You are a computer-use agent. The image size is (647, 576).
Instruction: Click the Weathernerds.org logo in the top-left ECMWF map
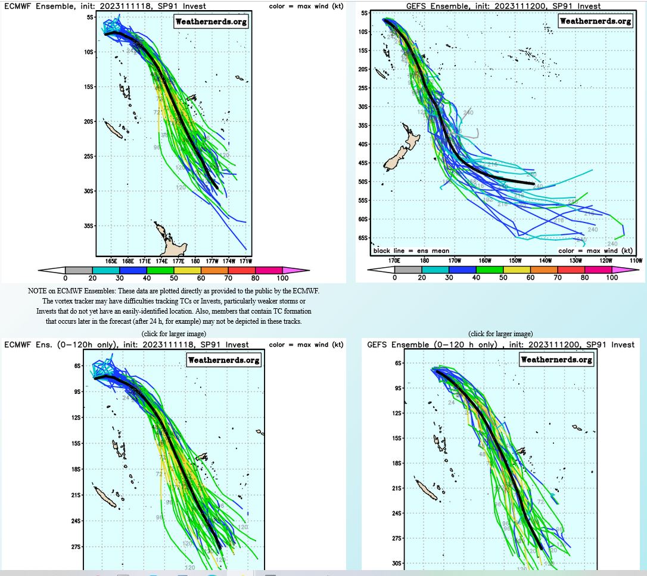pyautogui.click(x=211, y=22)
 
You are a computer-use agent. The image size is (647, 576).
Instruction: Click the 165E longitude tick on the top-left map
pyautogui.click(x=111, y=261)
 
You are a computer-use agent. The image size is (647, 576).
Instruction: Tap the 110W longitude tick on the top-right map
pyautogui.click(x=636, y=261)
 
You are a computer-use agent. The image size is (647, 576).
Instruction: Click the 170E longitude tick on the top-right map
pyautogui.click(x=394, y=261)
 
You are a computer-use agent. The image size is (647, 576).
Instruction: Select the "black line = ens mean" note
pyautogui.click(x=411, y=251)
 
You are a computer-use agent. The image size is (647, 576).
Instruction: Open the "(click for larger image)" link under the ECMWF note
pyautogui.click(x=173, y=333)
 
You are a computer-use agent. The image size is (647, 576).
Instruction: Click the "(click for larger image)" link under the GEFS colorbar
pyautogui.click(x=500, y=334)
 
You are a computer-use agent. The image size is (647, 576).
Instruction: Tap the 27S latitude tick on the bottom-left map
pyautogui.click(x=76, y=547)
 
